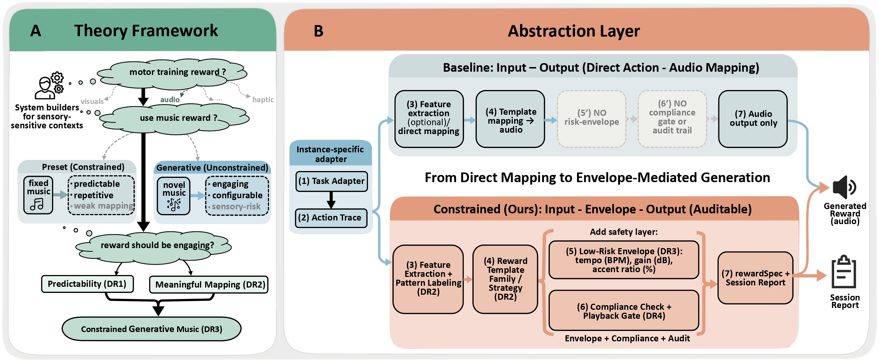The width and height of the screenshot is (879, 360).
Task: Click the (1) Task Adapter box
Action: (x=331, y=181)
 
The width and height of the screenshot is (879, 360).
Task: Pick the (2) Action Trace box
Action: (x=331, y=218)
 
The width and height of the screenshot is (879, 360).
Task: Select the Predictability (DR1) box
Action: (x=87, y=284)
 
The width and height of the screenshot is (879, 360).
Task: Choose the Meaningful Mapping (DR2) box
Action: (x=209, y=285)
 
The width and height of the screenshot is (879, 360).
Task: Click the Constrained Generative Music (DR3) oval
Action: (x=151, y=329)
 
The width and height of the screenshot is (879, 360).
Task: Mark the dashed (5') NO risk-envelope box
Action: (x=591, y=119)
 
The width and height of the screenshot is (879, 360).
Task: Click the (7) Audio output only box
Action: (x=753, y=119)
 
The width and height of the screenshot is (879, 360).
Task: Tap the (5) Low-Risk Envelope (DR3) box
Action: (x=624, y=260)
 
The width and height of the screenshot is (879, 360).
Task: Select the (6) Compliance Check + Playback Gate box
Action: (x=624, y=311)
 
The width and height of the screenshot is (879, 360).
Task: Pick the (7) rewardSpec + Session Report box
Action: (x=755, y=278)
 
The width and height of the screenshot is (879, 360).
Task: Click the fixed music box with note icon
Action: (x=38, y=195)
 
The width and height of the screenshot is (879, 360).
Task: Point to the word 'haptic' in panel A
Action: (x=263, y=100)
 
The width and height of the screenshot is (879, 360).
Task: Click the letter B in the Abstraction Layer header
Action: (x=318, y=31)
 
